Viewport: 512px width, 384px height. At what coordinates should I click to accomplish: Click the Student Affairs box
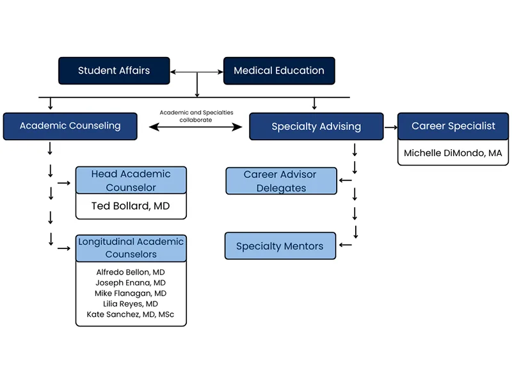[114, 70]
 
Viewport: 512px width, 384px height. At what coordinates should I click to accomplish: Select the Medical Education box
[278, 70]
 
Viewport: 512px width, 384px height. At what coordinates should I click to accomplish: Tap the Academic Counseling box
[70, 126]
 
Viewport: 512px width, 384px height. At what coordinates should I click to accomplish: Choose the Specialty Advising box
[316, 127]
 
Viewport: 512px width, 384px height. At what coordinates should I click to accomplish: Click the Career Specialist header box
[453, 126]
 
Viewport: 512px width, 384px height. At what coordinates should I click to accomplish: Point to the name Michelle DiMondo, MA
[453, 154]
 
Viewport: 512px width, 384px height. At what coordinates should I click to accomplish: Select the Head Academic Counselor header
[131, 180]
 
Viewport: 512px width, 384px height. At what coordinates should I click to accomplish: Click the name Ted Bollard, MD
[131, 206]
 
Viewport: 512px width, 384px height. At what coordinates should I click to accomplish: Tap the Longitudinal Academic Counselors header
[131, 248]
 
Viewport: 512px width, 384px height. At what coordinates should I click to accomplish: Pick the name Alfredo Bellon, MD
[131, 272]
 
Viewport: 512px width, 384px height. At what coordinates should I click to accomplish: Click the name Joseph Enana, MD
[131, 282]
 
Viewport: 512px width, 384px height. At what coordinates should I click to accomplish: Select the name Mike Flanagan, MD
[131, 293]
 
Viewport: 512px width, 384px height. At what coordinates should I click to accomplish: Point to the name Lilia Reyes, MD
[131, 303]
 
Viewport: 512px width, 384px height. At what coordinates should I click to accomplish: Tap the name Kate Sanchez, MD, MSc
[131, 314]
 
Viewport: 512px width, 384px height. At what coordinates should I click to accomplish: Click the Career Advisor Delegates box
[281, 181]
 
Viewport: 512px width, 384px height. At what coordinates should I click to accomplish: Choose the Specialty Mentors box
[280, 246]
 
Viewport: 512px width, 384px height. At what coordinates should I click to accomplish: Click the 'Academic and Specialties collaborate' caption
[196, 116]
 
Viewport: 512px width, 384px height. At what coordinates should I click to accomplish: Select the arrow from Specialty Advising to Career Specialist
[390, 127]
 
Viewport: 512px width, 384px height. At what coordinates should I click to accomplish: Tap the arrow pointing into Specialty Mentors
[346, 244]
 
